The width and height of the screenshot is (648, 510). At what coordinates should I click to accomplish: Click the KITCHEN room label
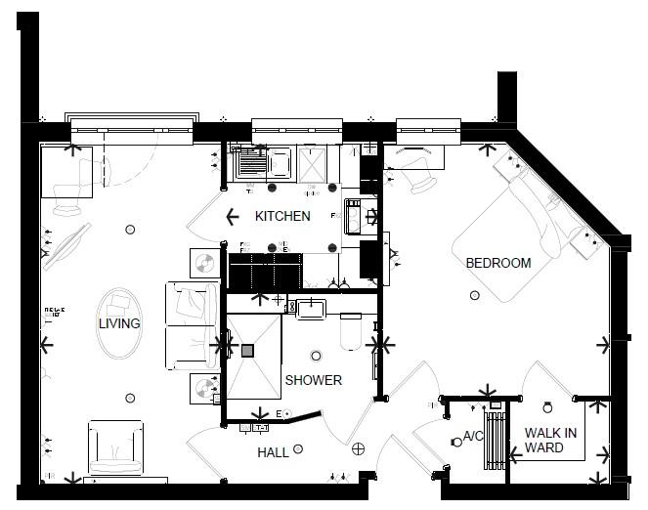(282, 216)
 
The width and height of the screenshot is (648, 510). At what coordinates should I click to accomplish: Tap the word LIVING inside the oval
(119, 323)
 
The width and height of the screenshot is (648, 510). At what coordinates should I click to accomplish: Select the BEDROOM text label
(497, 263)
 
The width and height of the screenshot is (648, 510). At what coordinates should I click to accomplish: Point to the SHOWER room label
(313, 380)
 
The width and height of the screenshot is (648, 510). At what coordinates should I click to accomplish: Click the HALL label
(273, 452)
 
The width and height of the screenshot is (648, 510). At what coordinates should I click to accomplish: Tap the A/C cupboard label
(474, 436)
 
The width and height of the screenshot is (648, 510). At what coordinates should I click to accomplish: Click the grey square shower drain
(247, 351)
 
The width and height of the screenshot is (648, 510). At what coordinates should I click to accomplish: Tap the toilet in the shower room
(350, 334)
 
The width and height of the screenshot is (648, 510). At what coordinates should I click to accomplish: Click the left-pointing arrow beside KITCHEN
(232, 217)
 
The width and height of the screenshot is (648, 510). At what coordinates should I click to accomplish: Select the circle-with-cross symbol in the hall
(358, 448)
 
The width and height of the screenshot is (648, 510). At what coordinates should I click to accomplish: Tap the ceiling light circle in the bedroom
(474, 295)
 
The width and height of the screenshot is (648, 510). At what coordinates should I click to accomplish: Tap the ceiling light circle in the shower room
(315, 356)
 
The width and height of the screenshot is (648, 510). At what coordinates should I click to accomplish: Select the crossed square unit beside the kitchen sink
(313, 164)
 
